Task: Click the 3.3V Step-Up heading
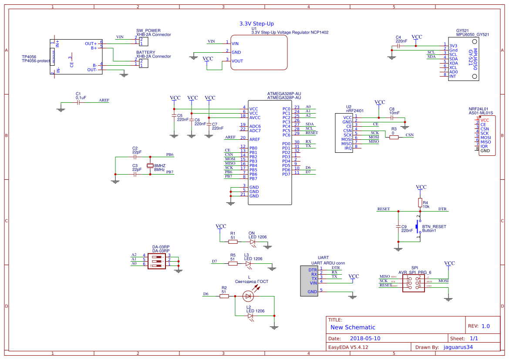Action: point(256,24)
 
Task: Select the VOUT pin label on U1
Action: point(237,61)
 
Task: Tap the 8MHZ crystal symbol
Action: point(150,166)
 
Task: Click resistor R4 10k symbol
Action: point(420,202)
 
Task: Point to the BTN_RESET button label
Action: point(434,227)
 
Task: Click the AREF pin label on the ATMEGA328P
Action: point(255,139)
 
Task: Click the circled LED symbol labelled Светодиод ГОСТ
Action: point(248,296)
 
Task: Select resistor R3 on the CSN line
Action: point(394,138)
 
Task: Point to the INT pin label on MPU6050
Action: point(453,76)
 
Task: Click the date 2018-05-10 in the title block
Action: point(365,338)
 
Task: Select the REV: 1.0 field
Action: point(479,326)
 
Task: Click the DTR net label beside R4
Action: point(442,209)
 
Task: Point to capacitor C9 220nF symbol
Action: point(398,227)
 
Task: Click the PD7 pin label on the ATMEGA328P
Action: point(286,174)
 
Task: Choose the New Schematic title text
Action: point(353,327)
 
